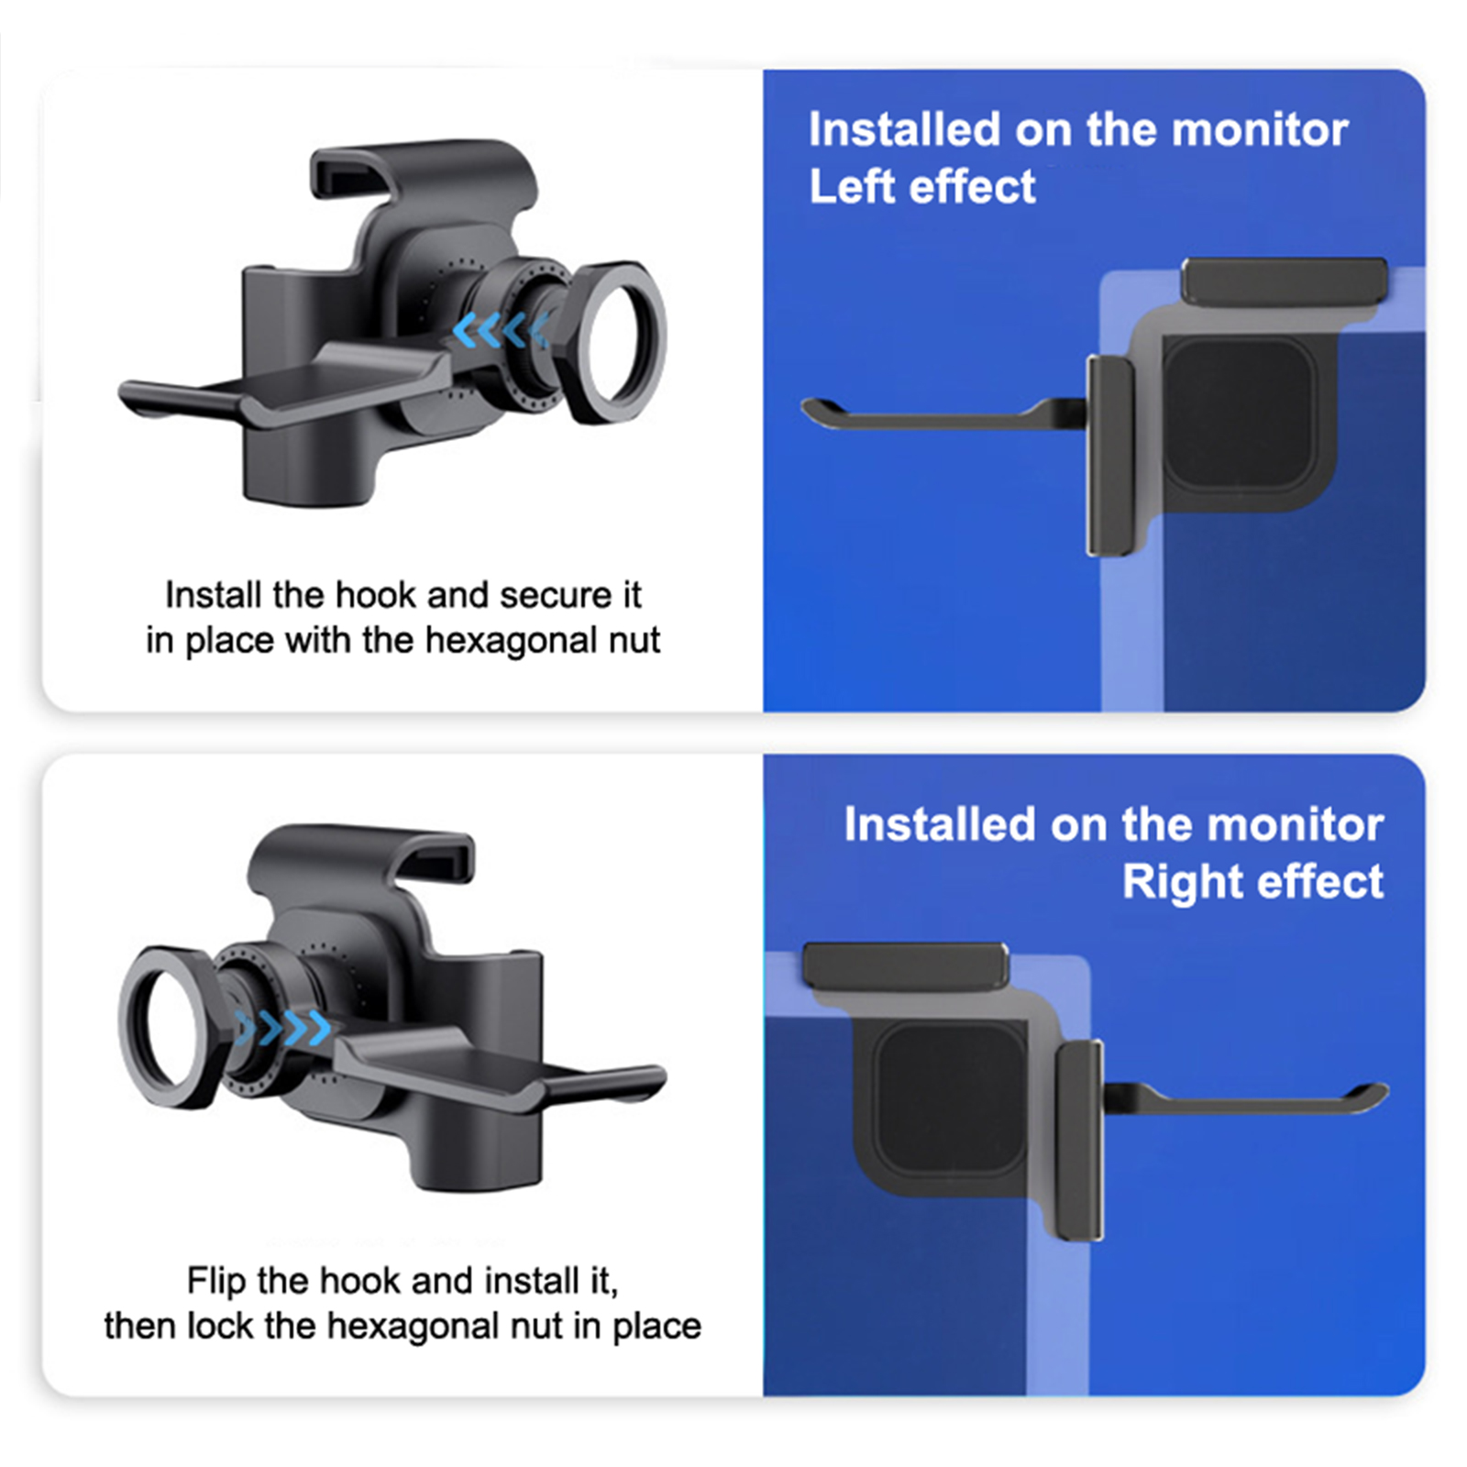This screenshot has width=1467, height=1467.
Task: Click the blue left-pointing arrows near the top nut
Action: [x=502, y=330]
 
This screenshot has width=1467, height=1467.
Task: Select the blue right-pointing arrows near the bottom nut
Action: [x=283, y=1028]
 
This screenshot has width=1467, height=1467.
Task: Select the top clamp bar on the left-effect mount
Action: [x=1284, y=281]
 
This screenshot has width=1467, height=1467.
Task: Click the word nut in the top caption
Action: [x=634, y=641]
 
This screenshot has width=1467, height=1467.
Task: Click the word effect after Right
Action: [x=1319, y=883]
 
